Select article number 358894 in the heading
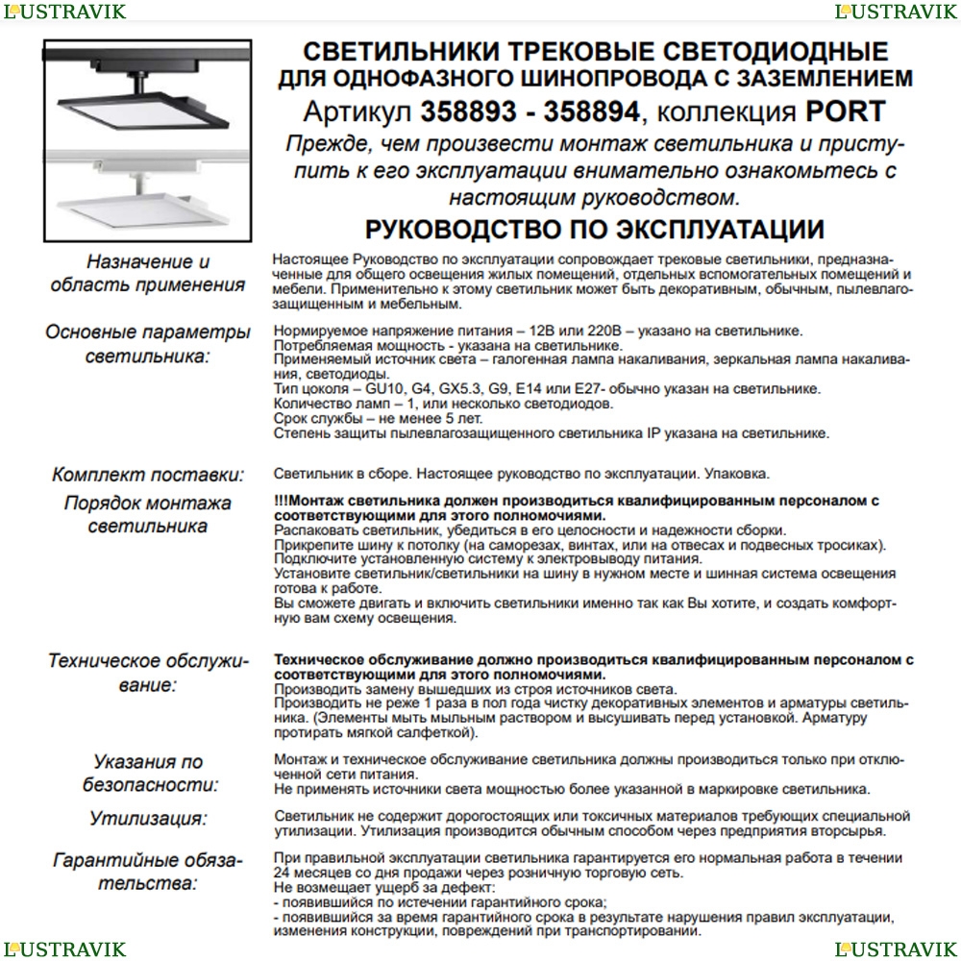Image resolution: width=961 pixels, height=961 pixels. (x=591, y=111)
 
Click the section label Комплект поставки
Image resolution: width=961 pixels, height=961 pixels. (x=148, y=475)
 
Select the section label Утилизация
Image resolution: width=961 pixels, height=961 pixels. (x=148, y=819)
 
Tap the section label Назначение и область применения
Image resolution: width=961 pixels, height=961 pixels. (x=148, y=273)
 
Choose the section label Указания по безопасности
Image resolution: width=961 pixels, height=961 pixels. (x=148, y=773)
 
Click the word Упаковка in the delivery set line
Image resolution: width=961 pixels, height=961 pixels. (x=737, y=475)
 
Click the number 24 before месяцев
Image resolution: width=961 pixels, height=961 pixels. (x=283, y=873)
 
